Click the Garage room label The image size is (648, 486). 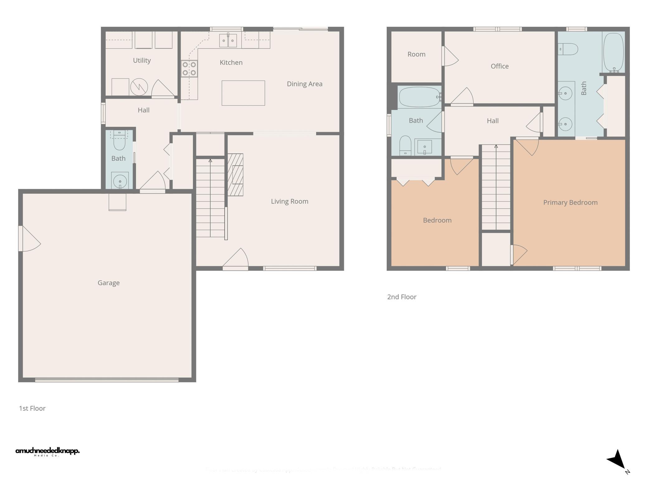[108, 283]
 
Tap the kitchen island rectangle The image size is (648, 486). [243, 93]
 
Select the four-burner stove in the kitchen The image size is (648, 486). [189, 69]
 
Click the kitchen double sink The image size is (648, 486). [228, 40]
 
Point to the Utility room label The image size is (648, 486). [142, 60]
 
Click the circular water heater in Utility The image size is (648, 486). [139, 87]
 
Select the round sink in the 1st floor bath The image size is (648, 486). [120, 181]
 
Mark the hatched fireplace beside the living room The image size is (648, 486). [235, 174]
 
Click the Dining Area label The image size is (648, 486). [304, 84]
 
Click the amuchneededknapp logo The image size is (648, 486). [47, 451]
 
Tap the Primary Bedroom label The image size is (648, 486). [570, 202]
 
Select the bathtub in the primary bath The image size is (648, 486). [613, 52]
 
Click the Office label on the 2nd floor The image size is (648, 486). [499, 66]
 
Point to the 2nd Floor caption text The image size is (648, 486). [402, 297]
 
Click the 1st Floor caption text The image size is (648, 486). [32, 408]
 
